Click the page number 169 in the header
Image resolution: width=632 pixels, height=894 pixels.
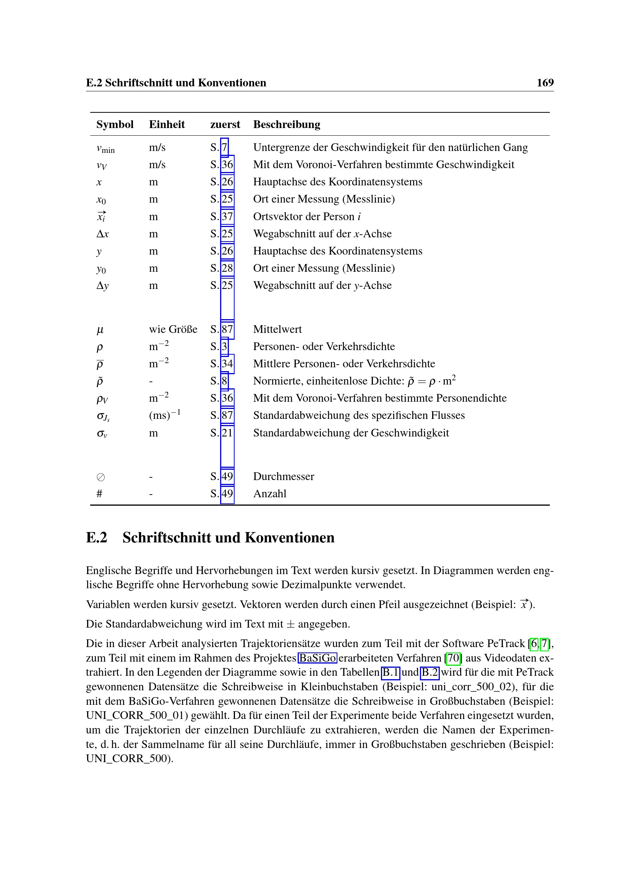[545, 83]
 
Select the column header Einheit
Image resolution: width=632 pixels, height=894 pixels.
[167, 124]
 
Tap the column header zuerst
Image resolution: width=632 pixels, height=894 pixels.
[225, 124]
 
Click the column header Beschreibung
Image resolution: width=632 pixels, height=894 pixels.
[287, 124]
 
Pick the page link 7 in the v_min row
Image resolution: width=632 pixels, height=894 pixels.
[225, 148]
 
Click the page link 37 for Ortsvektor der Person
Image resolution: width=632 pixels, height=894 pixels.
[227, 216]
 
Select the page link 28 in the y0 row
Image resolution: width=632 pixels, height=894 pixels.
[227, 268]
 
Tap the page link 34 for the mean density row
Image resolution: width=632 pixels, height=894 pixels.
[227, 363]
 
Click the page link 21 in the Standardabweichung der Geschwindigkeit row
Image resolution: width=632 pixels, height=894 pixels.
[227, 433]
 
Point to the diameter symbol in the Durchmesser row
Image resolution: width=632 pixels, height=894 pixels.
[100, 477]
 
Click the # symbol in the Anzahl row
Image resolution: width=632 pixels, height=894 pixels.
[100, 494]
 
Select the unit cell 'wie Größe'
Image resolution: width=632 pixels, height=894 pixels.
[173, 329]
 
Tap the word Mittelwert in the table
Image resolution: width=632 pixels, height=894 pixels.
[277, 329]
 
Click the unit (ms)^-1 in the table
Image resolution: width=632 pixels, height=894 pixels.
[165, 415]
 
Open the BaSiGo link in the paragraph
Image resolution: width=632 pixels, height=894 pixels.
[318, 658]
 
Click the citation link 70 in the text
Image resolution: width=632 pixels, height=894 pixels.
[454, 658]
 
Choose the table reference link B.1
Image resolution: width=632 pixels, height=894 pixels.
[391, 672]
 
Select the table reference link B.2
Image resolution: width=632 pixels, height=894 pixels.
[429, 672]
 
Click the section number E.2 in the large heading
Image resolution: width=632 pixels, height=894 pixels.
[97, 538]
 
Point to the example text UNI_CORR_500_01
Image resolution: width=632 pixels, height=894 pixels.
[133, 715]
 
